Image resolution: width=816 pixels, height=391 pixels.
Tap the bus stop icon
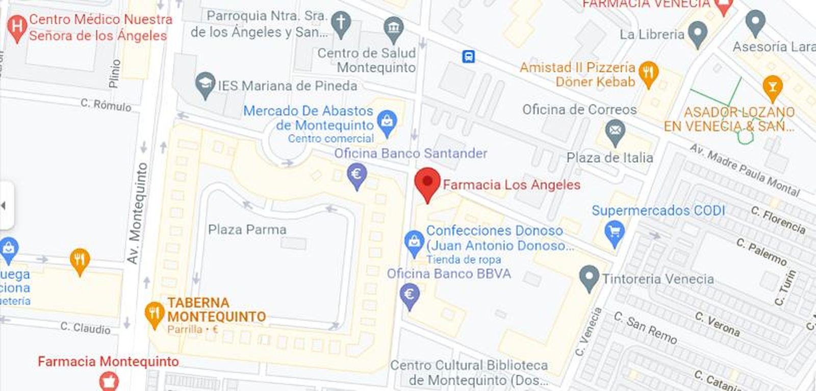(x=468, y=56)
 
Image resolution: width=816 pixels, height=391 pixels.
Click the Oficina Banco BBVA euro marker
(x=409, y=296)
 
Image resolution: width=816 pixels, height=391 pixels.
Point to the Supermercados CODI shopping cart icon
(x=614, y=232)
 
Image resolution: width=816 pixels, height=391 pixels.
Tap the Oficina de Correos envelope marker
(x=615, y=131)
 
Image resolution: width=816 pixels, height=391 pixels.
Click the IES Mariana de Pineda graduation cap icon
(x=205, y=84)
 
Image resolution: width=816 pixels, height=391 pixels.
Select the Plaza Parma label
(x=247, y=230)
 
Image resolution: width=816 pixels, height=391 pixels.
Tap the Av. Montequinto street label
(x=137, y=213)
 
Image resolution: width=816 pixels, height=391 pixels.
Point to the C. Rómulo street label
(x=106, y=105)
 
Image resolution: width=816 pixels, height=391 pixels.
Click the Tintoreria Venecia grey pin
(x=589, y=277)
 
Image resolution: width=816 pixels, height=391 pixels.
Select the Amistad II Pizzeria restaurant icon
(x=648, y=73)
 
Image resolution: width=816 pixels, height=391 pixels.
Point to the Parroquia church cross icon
(x=341, y=23)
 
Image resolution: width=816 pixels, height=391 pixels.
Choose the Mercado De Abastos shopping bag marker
(x=387, y=123)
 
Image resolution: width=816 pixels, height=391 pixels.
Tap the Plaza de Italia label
(x=610, y=158)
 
